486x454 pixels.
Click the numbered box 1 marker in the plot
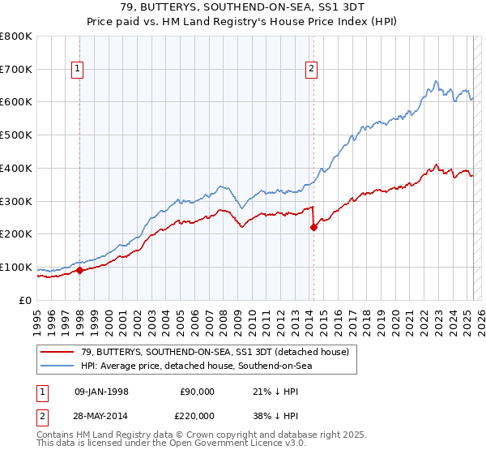click(x=78, y=70)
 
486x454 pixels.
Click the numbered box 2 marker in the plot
click(x=311, y=70)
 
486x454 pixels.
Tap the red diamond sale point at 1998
click(x=80, y=271)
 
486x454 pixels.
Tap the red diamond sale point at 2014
click(x=313, y=228)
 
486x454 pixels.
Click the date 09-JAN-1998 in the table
click(x=101, y=391)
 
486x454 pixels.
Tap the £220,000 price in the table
click(x=197, y=414)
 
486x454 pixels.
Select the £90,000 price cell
click(x=197, y=391)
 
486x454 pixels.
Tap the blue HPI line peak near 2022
click(x=436, y=81)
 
